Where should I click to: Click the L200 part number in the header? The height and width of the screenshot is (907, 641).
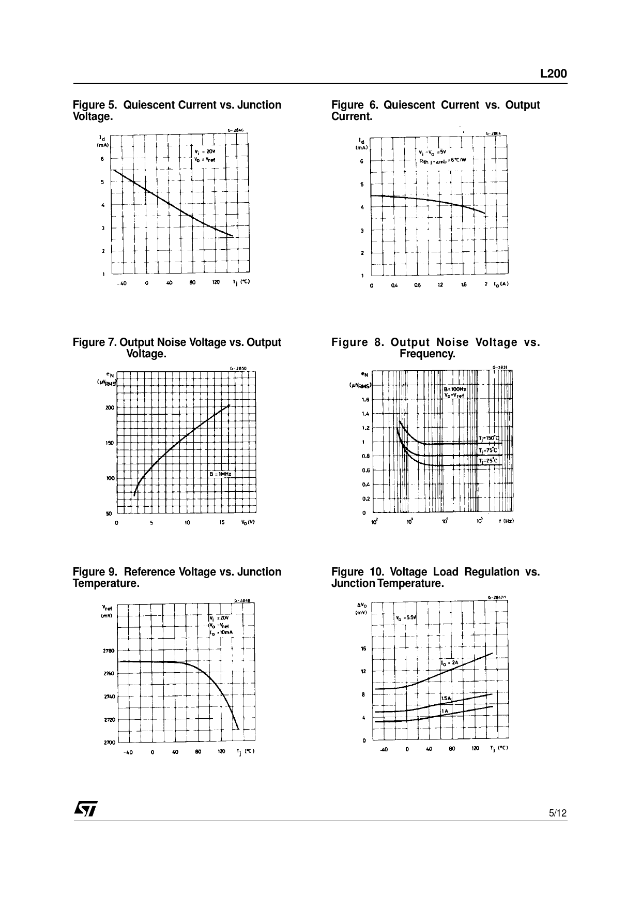tap(553, 74)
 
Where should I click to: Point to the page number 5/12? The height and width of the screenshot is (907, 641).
tap(557, 813)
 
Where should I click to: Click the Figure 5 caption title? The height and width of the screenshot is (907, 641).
tap(177, 111)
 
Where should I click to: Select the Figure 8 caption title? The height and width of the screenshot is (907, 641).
tap(435, 348)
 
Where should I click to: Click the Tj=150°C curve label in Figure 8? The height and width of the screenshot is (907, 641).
tap(489, 439)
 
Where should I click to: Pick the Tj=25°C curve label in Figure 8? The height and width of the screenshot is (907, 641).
tap(488, 461)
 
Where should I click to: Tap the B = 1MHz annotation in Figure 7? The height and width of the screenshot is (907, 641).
tap(220, 474)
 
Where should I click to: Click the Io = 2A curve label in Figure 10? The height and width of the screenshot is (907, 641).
tap(450, 663)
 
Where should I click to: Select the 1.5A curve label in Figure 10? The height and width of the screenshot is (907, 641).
tap(446, 698)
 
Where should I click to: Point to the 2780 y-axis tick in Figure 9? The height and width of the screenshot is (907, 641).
tap(109, 651)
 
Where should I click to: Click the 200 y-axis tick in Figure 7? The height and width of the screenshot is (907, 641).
tap(110, 407)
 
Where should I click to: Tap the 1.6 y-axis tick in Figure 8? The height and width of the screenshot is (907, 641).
tap(365, 399)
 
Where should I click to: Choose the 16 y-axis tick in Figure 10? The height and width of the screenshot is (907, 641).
tap(363, 648)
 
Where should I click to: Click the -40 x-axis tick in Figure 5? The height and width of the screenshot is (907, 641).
tap(121, 283)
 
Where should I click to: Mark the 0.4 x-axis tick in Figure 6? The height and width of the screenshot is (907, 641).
tap(394, 285)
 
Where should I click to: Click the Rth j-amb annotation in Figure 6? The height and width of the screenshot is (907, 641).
tap(442, 160)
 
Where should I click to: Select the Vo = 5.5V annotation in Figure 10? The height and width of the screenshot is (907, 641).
tap(406, 617)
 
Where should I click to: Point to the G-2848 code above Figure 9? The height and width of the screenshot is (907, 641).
tap(242, 600)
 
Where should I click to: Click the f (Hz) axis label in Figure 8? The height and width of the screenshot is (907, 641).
tap(506, 521)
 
